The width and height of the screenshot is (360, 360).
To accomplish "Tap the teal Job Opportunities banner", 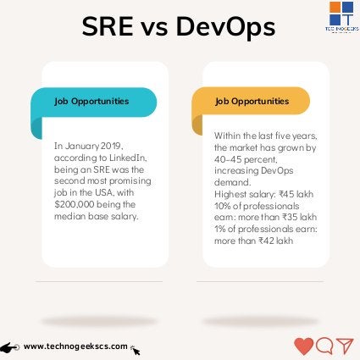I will point(94,102).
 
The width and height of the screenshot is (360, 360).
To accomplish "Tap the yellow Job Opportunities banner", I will point(252,102).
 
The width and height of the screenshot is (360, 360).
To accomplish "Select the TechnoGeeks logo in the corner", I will point(341,17).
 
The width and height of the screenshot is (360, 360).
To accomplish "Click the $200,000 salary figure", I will point(75,204).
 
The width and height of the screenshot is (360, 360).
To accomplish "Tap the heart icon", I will point(303,346).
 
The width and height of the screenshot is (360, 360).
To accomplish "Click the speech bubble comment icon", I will point(324,346).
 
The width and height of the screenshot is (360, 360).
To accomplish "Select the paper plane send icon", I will point(344,346).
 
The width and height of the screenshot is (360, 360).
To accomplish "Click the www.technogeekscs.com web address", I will point(75,346).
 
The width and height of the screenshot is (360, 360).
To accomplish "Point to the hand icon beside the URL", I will point(10,347).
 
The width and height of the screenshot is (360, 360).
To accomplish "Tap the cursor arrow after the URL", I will point(135,350).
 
